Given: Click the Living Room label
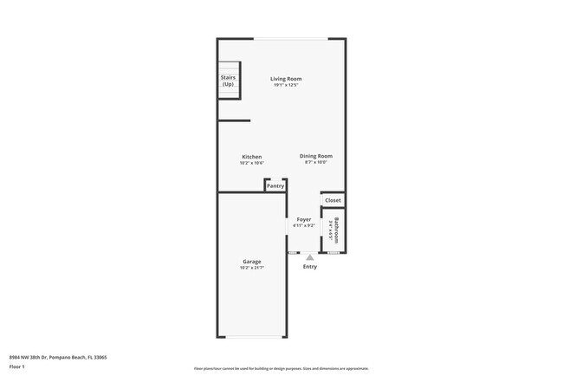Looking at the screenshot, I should [285, 79].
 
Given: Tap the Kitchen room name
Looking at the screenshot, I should [251, 157].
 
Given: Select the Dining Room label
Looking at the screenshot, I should [315, 156].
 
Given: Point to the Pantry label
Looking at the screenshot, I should [275, 185].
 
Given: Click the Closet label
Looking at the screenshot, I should [333, 200].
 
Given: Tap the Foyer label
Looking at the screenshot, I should [304, 219].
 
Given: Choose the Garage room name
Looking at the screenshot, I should [251, 261].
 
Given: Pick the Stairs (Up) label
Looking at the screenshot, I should [228, 81].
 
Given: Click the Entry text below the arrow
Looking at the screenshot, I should [309, 267].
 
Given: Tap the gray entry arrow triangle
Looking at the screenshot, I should [309, 257].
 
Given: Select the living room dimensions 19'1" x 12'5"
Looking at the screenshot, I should [285, 85].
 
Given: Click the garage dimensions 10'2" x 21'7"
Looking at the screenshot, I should [251, 267].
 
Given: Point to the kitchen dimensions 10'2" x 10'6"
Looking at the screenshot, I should [251, 163].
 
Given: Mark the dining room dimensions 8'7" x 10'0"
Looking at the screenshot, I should [315, 162].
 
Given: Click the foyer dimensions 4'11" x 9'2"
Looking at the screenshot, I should [304, 225].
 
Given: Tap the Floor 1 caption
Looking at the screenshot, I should [18, 367].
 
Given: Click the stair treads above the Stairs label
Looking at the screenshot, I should [228, 68].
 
